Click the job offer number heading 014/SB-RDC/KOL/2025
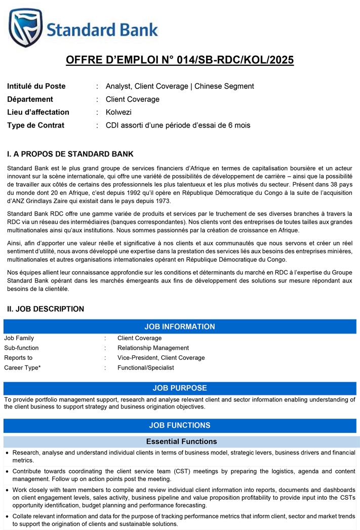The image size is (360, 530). tap(180, 61)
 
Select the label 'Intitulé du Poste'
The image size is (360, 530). tap(36, 86)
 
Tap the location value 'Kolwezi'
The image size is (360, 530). tap(118, 112)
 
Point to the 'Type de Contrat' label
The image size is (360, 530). tap(35, 125)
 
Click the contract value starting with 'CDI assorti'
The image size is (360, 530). tap(178, 125)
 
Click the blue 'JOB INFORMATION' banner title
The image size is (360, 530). tap(180, 327)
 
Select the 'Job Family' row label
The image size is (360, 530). tap(19, 338)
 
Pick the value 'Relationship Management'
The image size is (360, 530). tap(153, 348)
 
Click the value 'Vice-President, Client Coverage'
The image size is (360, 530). tap(161, 357)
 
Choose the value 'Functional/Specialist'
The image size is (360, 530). tap(145, 368)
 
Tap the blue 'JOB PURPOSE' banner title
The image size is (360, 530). tap(180, 388)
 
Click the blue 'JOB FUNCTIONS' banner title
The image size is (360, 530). tap(180, 425)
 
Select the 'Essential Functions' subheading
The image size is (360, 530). tap(181, 441)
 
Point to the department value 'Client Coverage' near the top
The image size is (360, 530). tap(133, 99)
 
